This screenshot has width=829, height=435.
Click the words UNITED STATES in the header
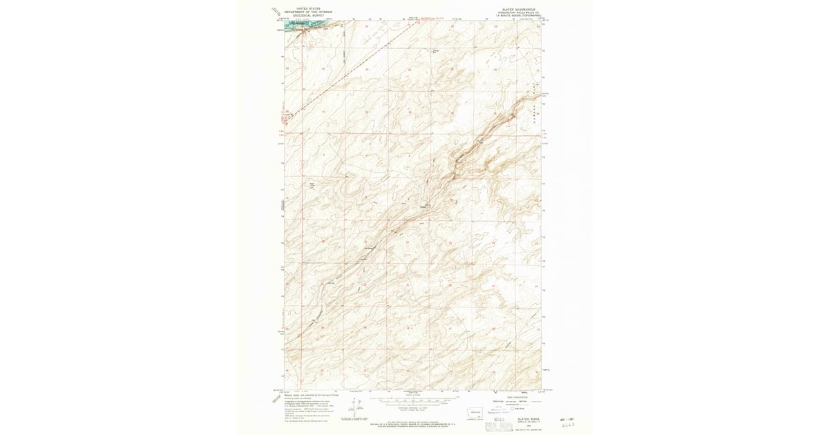309,8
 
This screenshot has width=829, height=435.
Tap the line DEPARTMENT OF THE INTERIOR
309,12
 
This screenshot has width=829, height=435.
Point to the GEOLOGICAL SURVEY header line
309,15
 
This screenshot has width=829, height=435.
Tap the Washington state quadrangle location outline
477,412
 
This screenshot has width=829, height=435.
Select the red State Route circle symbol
513,409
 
